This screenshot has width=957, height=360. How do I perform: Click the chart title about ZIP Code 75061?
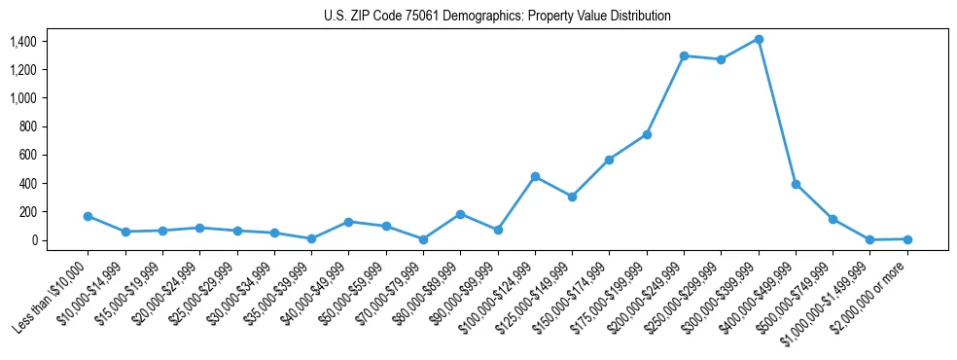pyautogui.click(x=497, y=17)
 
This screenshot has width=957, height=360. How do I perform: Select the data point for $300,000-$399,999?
pyautogui.click(x=759, y=39)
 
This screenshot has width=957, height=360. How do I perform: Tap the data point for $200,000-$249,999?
pyautogui.click(x=684, y=55)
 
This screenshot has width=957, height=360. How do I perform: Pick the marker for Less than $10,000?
pyautogui.click(x=88, y=216)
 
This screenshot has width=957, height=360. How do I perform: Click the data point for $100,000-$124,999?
pyautogui.click(x=535, y=176)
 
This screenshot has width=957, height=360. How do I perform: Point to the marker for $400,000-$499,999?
pyautogui.click(x=796, y=184)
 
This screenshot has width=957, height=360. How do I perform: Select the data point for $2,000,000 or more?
pyautogui.click(x=907, y=238)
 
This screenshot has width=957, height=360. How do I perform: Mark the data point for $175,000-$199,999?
pyautogui.click(x=647, y=134)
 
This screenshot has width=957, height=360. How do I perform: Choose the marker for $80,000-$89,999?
pyautogui.click(x=460, y=214)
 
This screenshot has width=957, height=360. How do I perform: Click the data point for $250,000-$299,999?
pyautogui.click(x=721, y=59)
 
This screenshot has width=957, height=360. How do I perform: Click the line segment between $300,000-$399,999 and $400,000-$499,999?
pyautogui.click(x=777, y=112)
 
